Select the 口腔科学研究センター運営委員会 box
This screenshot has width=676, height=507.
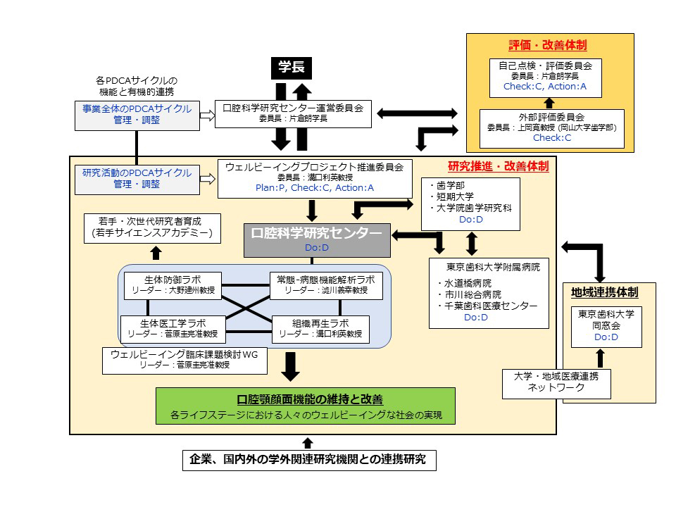click(x=292, y=113)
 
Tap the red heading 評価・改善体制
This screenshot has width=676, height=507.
click(x=549, y=45)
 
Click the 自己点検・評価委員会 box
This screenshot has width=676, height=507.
click(x=544, y=77)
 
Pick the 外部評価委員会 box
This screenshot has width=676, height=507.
click(x=551, y=128)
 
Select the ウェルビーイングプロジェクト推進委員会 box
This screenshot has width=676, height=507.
click(x=314, y=178)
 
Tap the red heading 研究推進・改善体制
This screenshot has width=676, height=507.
click(x=498, y=167)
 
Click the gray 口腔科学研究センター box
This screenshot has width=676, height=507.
click(x=317, y=240)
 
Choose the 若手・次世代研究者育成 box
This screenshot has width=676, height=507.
click(x=151, y=225)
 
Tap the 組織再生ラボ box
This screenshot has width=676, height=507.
click(x=320, y=328)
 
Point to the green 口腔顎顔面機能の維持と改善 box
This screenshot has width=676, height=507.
click(x=305, y=406)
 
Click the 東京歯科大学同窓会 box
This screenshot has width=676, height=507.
click(x=606, y=326)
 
